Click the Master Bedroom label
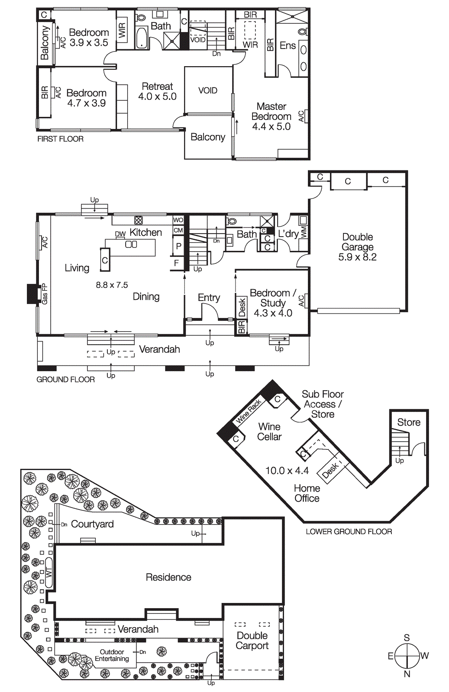click(271, 112)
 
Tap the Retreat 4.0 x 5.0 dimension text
click(157, 96)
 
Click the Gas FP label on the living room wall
click(45, 294)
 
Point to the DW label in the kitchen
click(120, 234)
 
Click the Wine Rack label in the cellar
click(249, 411)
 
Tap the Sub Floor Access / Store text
click(323, 404)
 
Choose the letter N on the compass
click(407, 674)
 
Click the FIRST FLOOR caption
click(60, 139)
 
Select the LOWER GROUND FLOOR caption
click(349, 532)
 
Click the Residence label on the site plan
click(168, 577)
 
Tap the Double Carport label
click(252, 641)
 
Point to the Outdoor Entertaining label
click(112, 655)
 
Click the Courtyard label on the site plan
click(92, 524)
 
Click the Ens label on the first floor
click(287, 45)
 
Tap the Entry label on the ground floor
click(209, 298)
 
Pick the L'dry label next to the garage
click(288, 234)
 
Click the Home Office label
click(307, 493)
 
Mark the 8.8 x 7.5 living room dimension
click(112, 285)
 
